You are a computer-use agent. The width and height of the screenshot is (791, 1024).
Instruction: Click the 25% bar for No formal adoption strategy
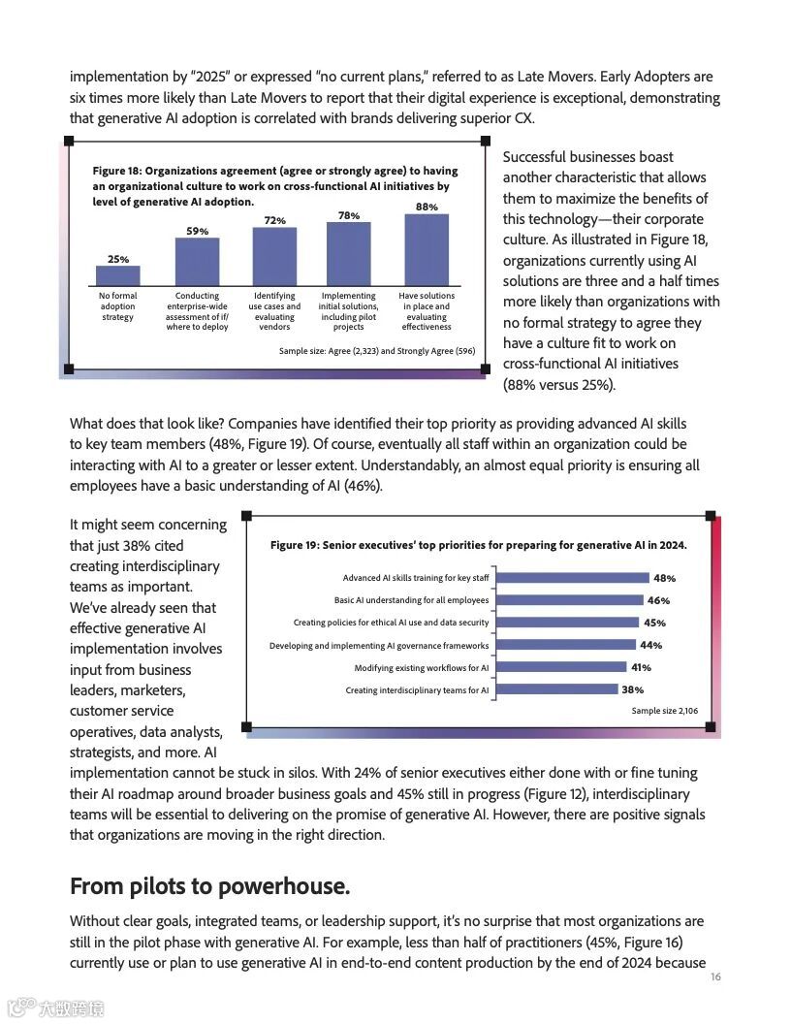[118, 275]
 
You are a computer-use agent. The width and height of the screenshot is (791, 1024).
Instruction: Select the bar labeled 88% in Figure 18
[427, 249]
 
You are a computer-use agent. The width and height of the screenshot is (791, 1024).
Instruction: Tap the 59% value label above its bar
[197, 231]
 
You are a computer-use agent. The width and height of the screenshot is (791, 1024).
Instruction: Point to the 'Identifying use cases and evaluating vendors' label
[274, 311]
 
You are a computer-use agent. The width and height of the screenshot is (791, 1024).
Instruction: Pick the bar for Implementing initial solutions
[348, 253]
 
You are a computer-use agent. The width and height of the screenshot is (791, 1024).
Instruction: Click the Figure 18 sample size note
[376, 351]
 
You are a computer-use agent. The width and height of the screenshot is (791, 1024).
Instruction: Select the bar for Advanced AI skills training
[572, 578]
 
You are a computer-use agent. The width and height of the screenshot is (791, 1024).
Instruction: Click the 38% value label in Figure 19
[633, 690]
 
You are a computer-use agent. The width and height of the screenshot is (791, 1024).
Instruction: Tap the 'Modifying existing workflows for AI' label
[421, 668]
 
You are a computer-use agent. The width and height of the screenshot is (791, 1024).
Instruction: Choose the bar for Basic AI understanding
[569, 600]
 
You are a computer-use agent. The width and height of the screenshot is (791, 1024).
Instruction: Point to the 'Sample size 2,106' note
[664, 711]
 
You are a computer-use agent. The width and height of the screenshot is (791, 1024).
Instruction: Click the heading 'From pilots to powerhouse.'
[209, 886]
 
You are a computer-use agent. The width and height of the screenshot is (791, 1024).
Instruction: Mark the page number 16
[715, 976]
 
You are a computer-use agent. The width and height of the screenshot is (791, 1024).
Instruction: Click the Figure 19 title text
[478, 545]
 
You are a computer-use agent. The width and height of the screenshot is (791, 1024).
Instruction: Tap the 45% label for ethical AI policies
[654, 623]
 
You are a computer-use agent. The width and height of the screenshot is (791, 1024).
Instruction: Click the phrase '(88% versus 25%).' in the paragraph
[558, 385]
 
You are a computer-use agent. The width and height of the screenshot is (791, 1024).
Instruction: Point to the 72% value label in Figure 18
[275, 221]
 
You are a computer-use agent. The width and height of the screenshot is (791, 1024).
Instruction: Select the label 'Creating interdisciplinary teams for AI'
[417, 690]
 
